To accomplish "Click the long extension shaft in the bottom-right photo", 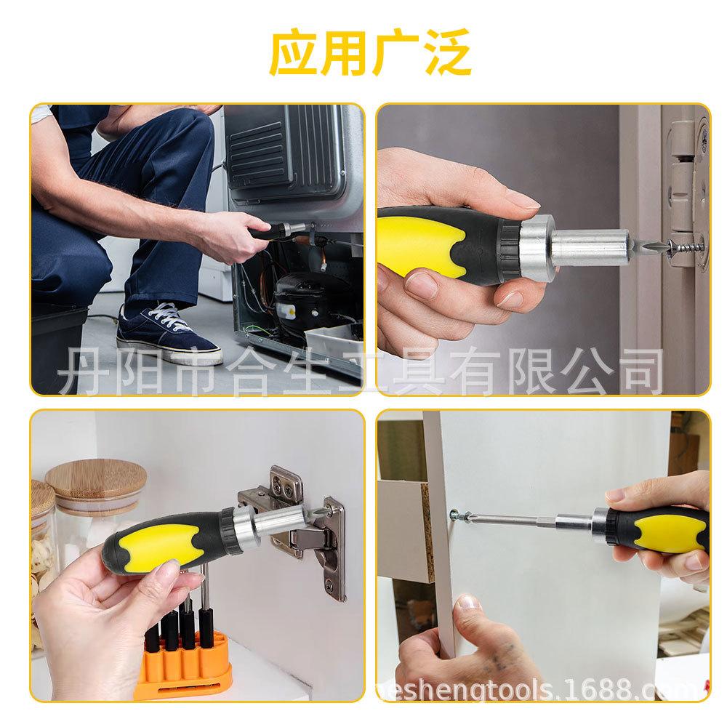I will (523, 519).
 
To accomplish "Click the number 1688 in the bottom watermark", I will (603, 687).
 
